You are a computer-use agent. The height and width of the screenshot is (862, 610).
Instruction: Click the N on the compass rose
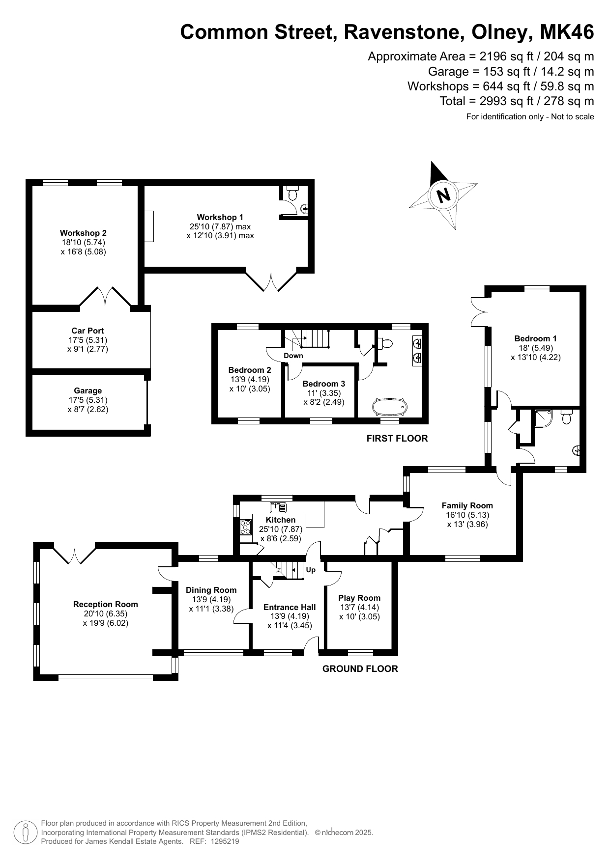[443, 195]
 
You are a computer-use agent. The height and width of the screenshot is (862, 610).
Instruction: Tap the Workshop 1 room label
[220, 217]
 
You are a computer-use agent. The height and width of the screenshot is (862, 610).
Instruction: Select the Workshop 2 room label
[83, 233]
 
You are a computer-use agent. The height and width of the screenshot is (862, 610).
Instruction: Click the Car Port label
[87, 331]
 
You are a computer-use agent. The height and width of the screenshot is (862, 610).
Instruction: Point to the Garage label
[87, 391]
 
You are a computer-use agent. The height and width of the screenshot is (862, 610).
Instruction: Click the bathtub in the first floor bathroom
[390, 407]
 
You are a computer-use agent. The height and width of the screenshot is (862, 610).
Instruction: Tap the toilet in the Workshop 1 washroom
[293, 194]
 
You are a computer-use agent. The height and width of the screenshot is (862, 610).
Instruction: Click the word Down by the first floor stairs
[293, 356]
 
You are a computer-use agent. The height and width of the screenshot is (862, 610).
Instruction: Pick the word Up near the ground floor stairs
[311, 570]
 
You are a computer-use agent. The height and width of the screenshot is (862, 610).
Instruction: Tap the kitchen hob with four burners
[245, 527]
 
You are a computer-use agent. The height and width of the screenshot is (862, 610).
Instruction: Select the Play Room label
[359, 598]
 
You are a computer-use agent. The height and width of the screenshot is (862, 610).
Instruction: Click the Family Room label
[467, 505]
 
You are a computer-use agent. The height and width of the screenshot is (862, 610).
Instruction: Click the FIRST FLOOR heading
[397, 439]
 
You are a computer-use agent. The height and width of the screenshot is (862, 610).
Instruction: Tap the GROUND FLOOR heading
[360, 668]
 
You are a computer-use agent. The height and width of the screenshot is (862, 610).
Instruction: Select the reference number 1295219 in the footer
[225, 841]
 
